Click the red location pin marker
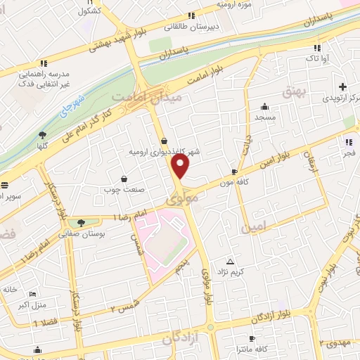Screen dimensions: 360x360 tap(181, 166)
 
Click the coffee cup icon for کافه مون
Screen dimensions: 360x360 tap(234, 172)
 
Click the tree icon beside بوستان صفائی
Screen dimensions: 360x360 tap(82, 223)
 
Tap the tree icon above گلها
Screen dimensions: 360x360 tap(43, 134)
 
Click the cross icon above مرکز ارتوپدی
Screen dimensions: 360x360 tap(342, 87)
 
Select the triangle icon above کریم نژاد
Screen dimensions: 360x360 tap(229, 262)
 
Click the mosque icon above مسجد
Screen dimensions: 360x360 tap(264, 105)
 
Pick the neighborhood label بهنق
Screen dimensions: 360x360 tap(291, 91)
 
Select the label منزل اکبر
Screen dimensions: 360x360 tap(31, 304)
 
